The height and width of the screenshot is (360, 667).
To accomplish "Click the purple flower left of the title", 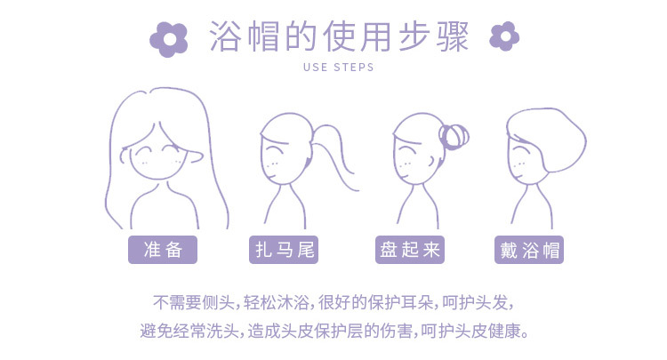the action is (169, 39).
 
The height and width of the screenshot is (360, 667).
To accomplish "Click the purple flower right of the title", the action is (504, 36).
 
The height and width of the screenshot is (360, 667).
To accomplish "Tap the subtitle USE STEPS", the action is (339, 68).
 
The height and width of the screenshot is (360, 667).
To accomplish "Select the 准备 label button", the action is (163, 250).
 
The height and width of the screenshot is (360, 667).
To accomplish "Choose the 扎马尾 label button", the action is (284, 250).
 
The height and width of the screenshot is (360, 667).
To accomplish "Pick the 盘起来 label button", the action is (410, 250).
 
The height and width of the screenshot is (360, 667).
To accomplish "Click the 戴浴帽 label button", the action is (529, 250).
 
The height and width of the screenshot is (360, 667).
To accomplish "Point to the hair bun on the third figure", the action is (454, 136).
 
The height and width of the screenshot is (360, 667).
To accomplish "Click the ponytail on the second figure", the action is (336, 153).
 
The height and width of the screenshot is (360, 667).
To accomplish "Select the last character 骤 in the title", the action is (453, 36).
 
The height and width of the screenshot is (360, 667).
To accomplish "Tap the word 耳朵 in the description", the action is (417, 302).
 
